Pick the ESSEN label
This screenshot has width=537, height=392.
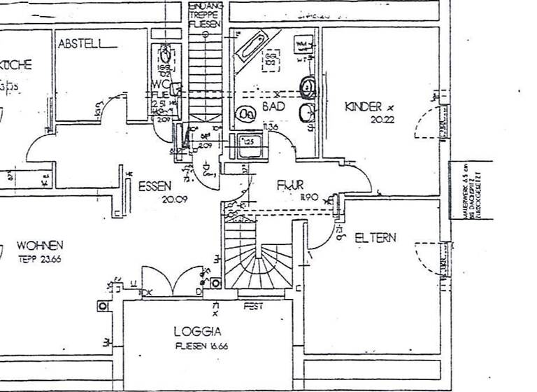(x=155, y=186)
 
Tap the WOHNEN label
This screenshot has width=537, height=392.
(x=41, y=246)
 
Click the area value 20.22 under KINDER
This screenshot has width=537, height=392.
(x=378, y=120)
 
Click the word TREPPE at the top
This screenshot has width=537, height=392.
(x=205, y=15)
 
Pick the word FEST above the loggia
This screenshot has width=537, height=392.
(x=252, y=306)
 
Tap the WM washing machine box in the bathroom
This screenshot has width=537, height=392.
(x=303, y=45)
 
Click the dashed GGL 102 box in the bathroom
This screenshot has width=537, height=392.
(x=270, y=60)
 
